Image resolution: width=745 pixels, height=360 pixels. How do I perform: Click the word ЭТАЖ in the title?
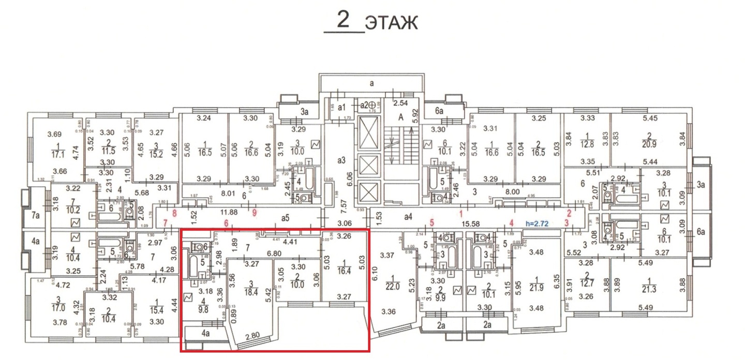(x=391, y=23)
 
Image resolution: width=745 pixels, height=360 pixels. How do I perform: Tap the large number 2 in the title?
(x=344, y=20)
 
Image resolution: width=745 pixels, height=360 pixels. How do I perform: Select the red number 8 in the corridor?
(x=174, y=213)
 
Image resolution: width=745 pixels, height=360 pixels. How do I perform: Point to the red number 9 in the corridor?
(x=254, y=213)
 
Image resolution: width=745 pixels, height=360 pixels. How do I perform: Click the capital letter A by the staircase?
(x=400, y=117)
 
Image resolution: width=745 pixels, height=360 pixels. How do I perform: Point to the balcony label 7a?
(x=36, y=214)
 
